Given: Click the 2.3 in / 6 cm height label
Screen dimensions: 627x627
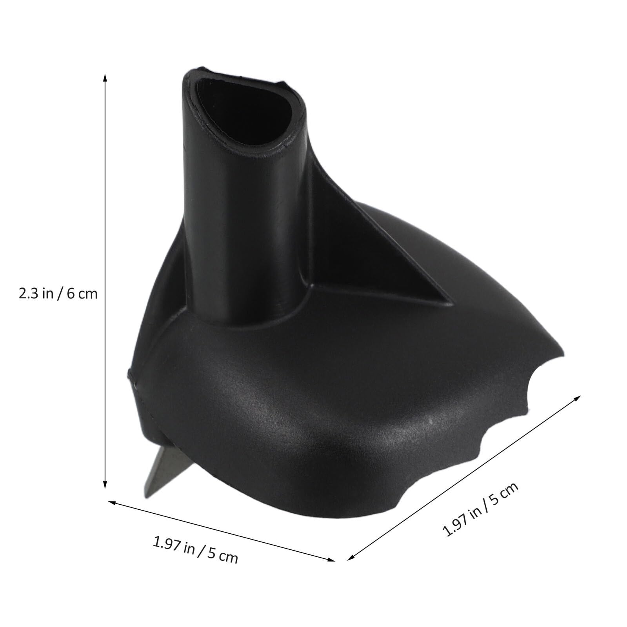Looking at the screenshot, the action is point(58,293).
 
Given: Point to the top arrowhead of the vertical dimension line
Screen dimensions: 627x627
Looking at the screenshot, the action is point(105,76).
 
